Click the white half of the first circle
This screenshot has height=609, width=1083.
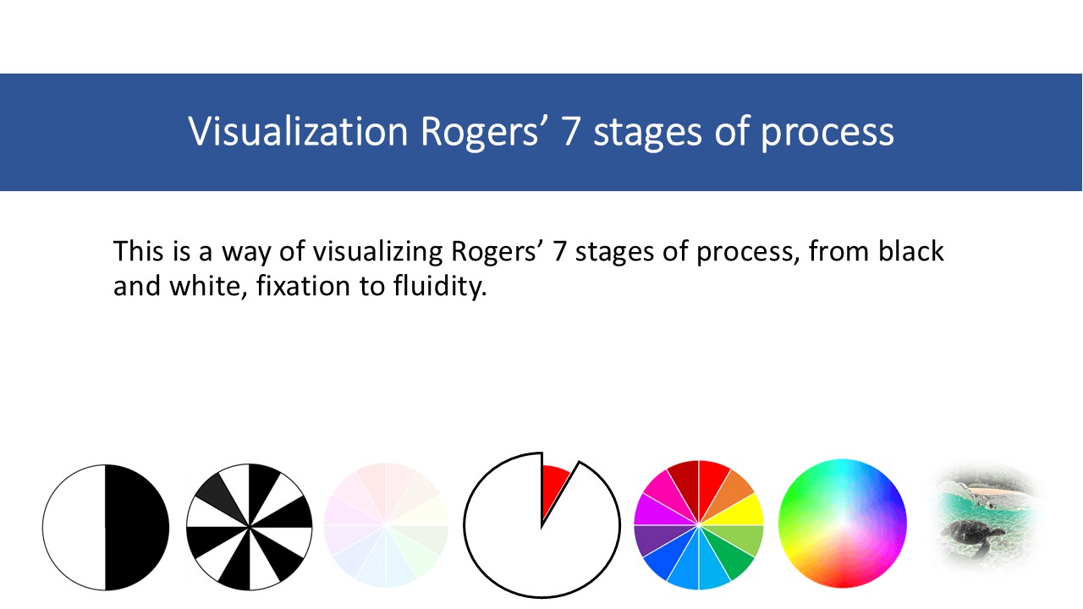[x=74, y=526]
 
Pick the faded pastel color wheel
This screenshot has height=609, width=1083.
[x=386, y=525]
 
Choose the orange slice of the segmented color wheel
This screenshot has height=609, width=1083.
[x=734, y=486]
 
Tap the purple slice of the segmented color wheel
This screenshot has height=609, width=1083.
[x=651, y=542]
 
